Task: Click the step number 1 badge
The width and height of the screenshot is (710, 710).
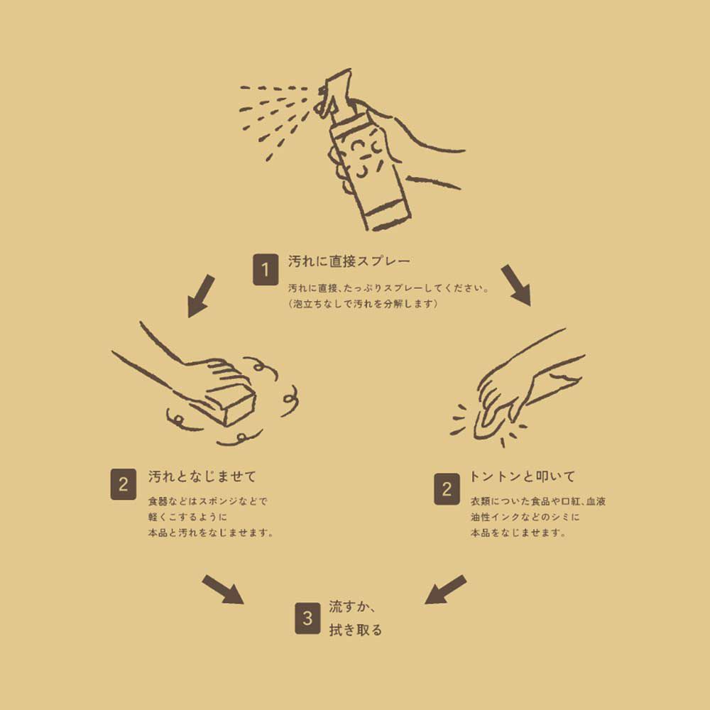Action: pos(266,271)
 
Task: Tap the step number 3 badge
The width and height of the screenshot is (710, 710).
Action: pos(307,618)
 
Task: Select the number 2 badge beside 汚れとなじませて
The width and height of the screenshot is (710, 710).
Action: pos(124,485)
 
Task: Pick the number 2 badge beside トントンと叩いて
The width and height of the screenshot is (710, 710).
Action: pos(447,489)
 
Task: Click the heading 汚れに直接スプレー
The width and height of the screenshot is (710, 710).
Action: pos(349,261)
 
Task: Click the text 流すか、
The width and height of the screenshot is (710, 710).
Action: pos(351,608)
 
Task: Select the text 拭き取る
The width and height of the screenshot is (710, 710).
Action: pos(355,630)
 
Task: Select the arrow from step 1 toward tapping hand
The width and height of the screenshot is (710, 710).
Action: pos(516,285)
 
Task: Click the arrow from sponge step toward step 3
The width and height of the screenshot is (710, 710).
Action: pos(222,589)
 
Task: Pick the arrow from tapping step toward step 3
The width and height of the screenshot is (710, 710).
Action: pos(445,589)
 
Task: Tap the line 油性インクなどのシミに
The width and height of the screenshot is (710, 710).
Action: pos(525,517)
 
